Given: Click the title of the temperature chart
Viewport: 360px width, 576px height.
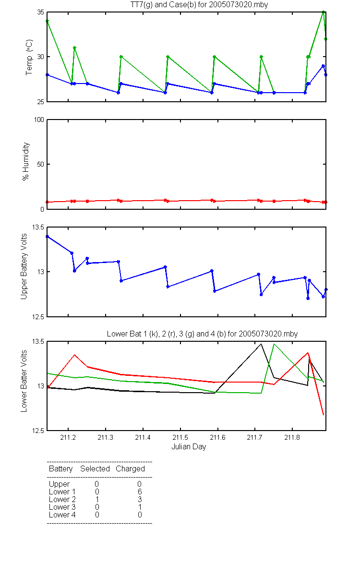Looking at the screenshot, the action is click(199, 5).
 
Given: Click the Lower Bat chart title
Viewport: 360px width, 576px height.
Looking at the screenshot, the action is click(202, 334).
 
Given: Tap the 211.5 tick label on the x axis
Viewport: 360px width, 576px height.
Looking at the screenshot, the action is click(180, 437).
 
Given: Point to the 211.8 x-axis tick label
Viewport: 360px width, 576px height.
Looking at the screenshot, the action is click(292, 437).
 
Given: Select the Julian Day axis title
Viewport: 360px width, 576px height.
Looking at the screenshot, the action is click(189, 447).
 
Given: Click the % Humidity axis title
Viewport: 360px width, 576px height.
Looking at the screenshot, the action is click(26, 161).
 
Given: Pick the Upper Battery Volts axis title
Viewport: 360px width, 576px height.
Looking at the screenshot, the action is click(24, 267).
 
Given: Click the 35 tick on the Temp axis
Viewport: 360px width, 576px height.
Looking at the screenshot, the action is click(41, 12).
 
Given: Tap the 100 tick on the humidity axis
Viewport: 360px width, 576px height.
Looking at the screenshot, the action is click(39, 120).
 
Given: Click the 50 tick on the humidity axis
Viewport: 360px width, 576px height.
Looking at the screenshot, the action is click(41, 164).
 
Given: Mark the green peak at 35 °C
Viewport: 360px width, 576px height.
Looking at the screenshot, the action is click(324, 12).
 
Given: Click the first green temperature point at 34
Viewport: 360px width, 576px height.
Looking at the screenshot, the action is click(48, 21).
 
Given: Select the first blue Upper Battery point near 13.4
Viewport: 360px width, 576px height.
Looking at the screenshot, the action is click(48, 237).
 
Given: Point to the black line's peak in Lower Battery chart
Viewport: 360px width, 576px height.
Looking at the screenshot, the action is click(261, 344).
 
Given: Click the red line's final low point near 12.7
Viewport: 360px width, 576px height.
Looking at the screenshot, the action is click(324, 415).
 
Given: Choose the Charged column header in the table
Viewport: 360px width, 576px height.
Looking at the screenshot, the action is click(131, 469).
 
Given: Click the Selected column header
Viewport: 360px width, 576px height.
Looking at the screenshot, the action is click(95, 468).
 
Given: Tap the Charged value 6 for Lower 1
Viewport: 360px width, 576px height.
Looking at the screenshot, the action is click(140, 492).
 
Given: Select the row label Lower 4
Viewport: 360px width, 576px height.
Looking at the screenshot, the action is click(62, 515).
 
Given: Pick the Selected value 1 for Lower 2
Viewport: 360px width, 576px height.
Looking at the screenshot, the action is click(97, 499).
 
